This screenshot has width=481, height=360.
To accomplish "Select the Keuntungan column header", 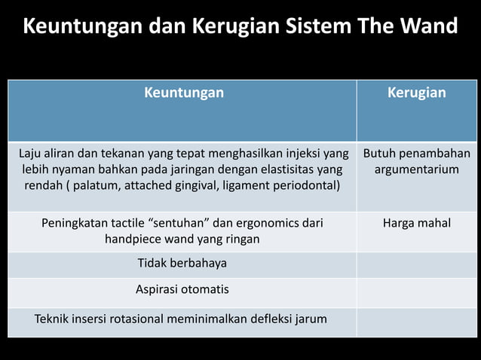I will pyautogui.click(x=184, y=93).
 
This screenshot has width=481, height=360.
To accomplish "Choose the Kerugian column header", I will pyautogui.click(x=416, y=93).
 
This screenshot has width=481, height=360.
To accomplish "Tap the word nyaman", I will pyautogui.click(x=74, y=169).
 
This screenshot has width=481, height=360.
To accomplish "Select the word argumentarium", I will pyautogui.click(x=416, y=169).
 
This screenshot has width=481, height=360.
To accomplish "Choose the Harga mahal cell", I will pyautogui.click(x=416, y=223).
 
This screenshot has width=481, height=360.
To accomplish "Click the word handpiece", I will pyautogui.click(x=135, y=239).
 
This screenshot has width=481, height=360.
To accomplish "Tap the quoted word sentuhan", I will pyautogui.click(x=182, y=223).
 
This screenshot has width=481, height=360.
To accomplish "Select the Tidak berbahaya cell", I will pyautogui.click(x=182, y=264).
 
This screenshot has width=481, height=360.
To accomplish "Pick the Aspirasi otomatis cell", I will pyautogui.click(x=182, y=289).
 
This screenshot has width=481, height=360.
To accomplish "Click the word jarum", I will pyautogui.click(x=311, y=319).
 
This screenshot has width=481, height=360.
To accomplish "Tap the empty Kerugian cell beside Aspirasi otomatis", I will pyautogui.click(x=416, y=292).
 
